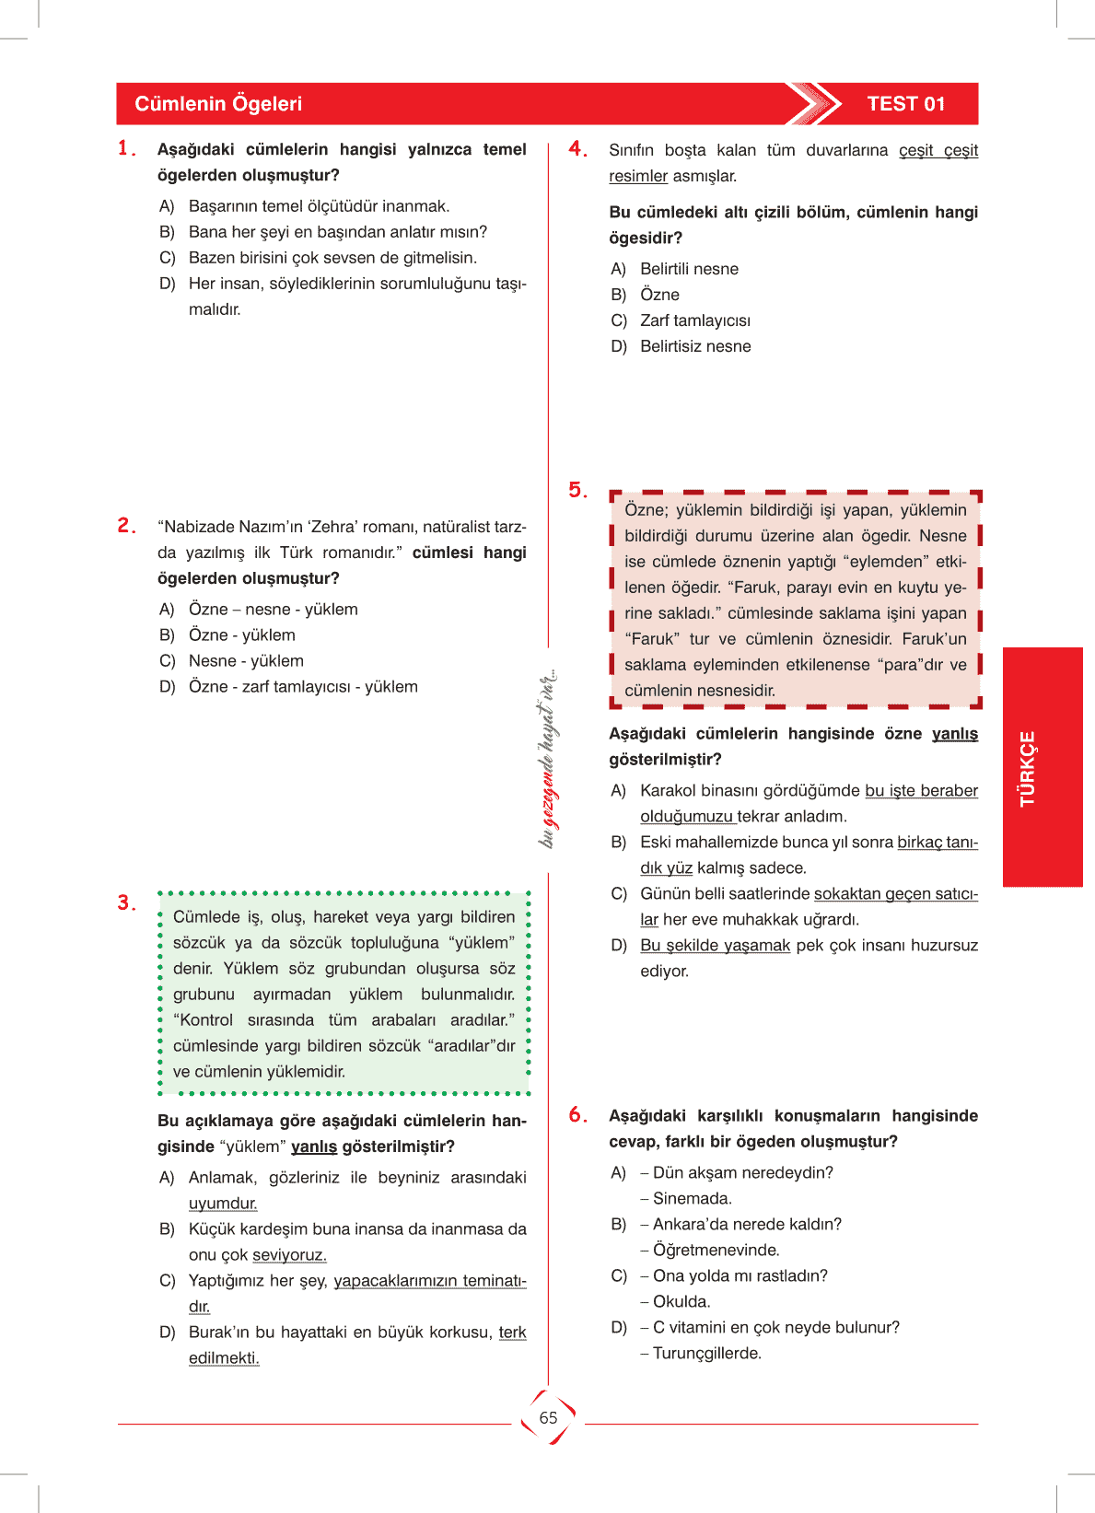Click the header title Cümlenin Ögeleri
pyautogui.click(x=218, y=104)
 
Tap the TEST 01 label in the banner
pyautogui.click(x=905, y=104)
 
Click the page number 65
pyautogui.click(x=548, y=1418)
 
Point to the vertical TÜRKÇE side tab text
pyautogui.click(x=1028, y=768)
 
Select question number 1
pyautogui.click(x=126, y=148)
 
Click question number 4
pyautogui.click(x=577, y=149)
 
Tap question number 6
pyautogui.click(x=577, y=1115)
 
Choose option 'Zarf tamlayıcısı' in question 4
pyautogui.click(x=695, y=320)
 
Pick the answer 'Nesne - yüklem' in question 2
pyautogui.click(x=246, y=661)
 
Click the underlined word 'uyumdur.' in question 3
pyautogui.click(x=223, y=1204)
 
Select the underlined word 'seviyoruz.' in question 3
pyautogui.click(x=289, y=1255)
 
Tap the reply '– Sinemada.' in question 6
pyautogui.click(x=686, y=1198)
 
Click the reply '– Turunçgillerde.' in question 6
pyautogui.click(x=701, y=1353)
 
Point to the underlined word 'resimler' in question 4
pyautogui.click(x=637, y=176)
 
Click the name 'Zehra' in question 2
pyautogui.click(x=332, y=527)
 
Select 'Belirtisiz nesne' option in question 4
pyautogui.click(x=695, y=346)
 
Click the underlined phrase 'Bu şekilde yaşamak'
pyautogui.click(x=715, y=946)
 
